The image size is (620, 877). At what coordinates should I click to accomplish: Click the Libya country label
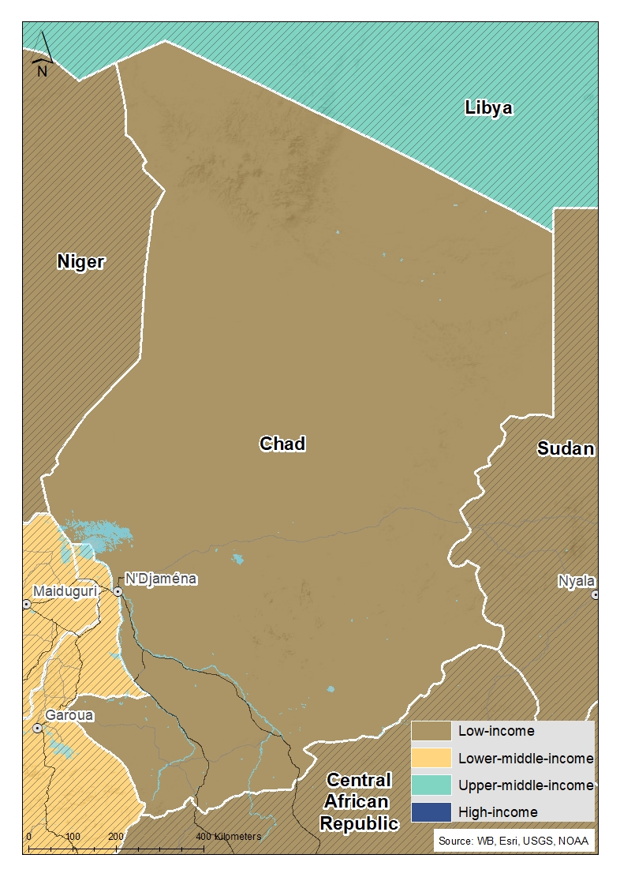488,108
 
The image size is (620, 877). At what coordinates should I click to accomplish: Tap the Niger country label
80,261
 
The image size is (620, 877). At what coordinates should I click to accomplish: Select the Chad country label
282,444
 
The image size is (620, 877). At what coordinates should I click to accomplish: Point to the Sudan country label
565,448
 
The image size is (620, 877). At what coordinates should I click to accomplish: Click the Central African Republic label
359,802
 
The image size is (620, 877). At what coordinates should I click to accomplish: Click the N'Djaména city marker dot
118,591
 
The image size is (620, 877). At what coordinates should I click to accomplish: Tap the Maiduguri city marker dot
26,604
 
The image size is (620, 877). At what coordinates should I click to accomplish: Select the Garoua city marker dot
37,729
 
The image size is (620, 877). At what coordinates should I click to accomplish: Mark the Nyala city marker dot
596,595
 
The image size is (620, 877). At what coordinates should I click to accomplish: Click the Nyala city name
576,581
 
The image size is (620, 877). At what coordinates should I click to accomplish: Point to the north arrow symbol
43,55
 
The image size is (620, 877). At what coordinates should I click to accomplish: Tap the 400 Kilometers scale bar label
228,836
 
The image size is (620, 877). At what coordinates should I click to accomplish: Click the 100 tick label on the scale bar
73,836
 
